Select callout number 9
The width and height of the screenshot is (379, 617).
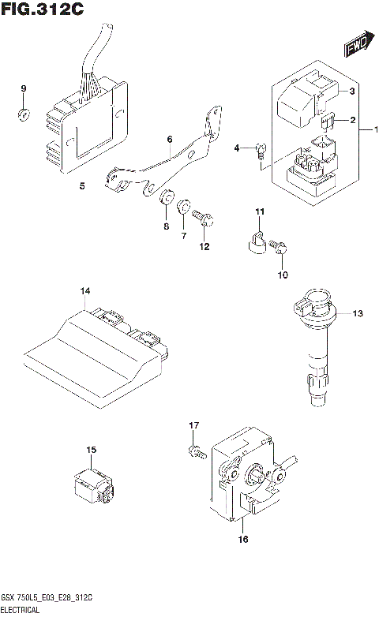(24, 88)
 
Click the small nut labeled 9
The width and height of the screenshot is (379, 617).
(24, 116)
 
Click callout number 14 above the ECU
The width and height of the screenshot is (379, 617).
(84, 293)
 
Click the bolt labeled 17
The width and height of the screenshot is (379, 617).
(195, 452)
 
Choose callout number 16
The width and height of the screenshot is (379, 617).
(242, 540)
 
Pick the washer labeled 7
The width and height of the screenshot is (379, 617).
(183, 208)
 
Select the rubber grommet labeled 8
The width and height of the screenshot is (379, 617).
(166, 198)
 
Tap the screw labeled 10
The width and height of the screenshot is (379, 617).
(280, 249)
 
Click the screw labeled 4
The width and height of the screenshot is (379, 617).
(261, 151)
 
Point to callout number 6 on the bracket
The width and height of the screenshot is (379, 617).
(169, 140)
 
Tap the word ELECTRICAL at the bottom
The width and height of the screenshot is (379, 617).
(21, 611)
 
